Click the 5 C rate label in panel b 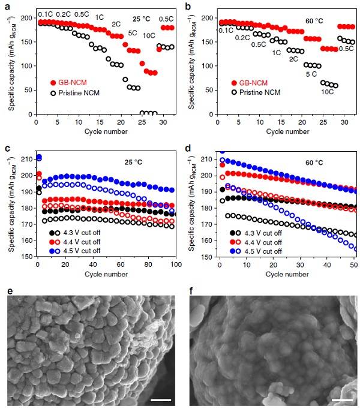[311, 74]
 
